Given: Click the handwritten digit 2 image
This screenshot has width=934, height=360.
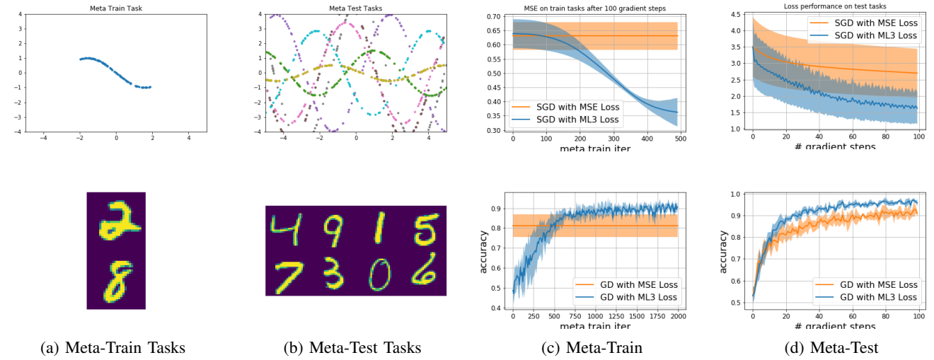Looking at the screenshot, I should [116, 221].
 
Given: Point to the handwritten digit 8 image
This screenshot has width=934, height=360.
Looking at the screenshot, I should [116, 281].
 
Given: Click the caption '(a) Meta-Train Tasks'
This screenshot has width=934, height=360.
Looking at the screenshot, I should [116, 347].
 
